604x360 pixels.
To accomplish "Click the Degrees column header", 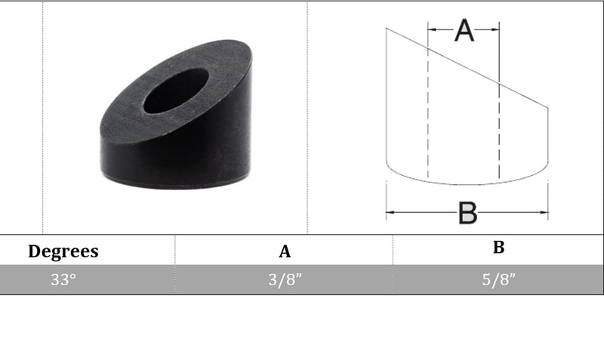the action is click(63, 252).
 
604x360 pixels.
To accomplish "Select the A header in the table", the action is click(285, 251).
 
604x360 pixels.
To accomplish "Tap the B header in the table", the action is click(499, 248).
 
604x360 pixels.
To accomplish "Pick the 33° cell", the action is click(63, 279).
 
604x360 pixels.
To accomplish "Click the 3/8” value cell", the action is click(285, 279).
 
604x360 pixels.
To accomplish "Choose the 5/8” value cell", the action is click(499, 279).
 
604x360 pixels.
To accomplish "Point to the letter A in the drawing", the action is click(464, 30).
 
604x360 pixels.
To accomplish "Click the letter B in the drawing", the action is click(468, 213).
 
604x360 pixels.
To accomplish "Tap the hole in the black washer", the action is click(176, 91).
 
